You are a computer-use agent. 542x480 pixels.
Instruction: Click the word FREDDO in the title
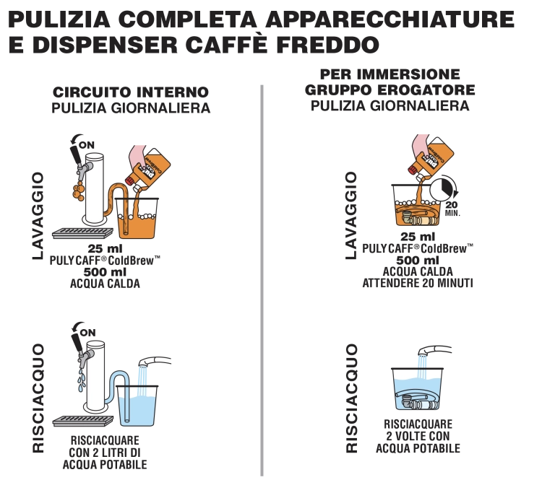pyautogui.click(x=327, y=45)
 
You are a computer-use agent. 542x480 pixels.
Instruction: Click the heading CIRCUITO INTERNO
pyautogui.click(x=131, y=92)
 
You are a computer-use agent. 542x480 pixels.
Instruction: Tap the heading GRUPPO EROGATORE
pyautogui.click(x=390, y=90)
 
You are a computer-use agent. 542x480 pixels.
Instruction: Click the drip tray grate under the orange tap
pyautogui.click(x=83, y=233)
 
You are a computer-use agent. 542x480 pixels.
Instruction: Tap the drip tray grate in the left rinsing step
pyautogui.click(x=83, y=421)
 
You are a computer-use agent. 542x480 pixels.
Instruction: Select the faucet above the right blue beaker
pyautogui.click(x=434, y=350)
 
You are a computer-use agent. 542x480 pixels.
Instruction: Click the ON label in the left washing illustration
pyautogui.click(x=87, y=145)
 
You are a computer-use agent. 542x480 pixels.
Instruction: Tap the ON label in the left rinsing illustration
pyautogui.click(x=87, y=333)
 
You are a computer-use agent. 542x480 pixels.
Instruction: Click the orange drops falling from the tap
pyautogui.click(x=79, y=192)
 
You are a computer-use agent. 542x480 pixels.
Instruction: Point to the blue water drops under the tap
pyautogui.click(x=81, y=380)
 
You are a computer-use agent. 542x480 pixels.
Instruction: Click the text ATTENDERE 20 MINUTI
pyautogui.click(x=418, y=283)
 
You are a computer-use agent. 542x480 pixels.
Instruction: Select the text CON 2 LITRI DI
pyautogui.click(x=105, y=453)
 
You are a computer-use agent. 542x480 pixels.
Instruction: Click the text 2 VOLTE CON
pyautogui.click(x=418, y=436)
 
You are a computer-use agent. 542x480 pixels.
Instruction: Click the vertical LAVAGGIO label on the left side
pyautogui.click(x=38, y=216)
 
